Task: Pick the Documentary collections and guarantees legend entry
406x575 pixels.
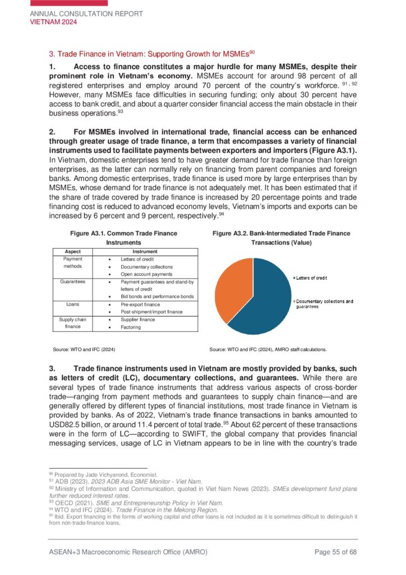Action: (324, 304)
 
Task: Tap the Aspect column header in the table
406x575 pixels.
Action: (73, 252)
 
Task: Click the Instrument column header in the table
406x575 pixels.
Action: (145, 252)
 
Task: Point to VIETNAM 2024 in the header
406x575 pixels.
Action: (53, 22)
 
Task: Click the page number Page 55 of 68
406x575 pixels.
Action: (335, 552)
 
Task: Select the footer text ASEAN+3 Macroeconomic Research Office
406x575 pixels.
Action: (128, 552)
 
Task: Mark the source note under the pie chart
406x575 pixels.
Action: (267, 349)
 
